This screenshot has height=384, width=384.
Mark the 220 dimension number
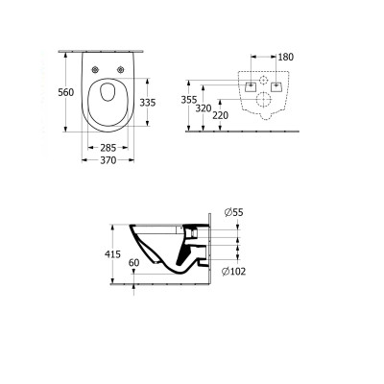point(221,117)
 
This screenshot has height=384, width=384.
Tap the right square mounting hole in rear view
point(279,86)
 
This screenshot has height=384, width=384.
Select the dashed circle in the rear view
point(264,78)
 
